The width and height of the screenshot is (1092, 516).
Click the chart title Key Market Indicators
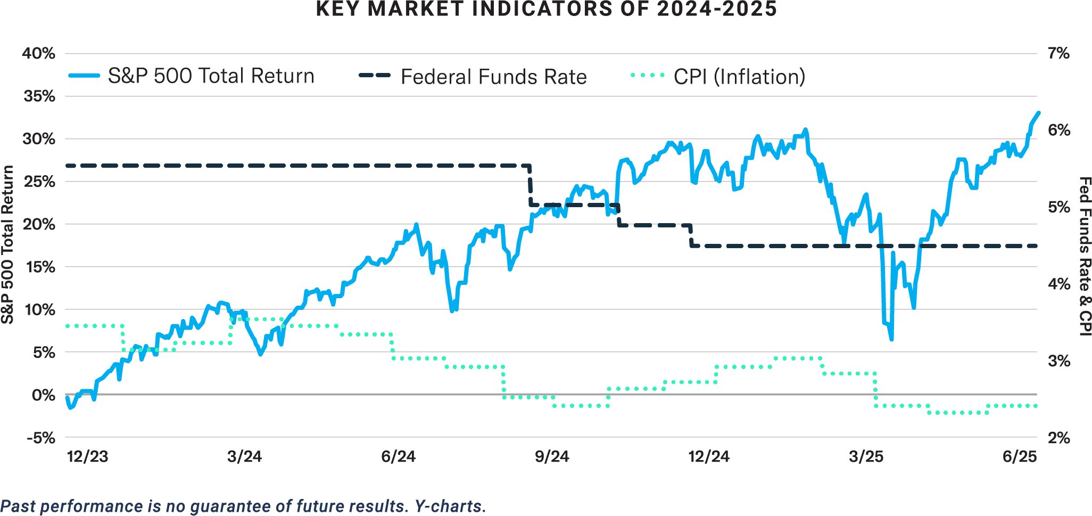[546, 10]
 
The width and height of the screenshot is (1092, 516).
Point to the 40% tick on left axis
[38, 53]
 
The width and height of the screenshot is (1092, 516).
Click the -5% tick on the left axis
[40, 438]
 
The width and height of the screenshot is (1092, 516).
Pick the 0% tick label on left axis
[43, 395]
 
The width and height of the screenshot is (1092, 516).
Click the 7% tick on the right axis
[1058, 53]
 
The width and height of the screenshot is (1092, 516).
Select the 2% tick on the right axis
[1058, 438]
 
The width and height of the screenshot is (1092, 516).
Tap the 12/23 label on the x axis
[87, 457]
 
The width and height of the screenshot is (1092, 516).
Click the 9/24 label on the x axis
[551, 457]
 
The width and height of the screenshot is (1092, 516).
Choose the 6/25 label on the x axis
[1019, 457]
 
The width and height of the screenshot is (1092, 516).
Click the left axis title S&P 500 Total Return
[7, 245]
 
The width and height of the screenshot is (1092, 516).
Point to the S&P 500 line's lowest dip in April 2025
[891, 339]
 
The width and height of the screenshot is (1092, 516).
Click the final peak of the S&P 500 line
[1038, 113]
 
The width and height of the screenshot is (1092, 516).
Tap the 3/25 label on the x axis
[866, 457]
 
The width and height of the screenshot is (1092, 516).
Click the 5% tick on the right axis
[1058, 207]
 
